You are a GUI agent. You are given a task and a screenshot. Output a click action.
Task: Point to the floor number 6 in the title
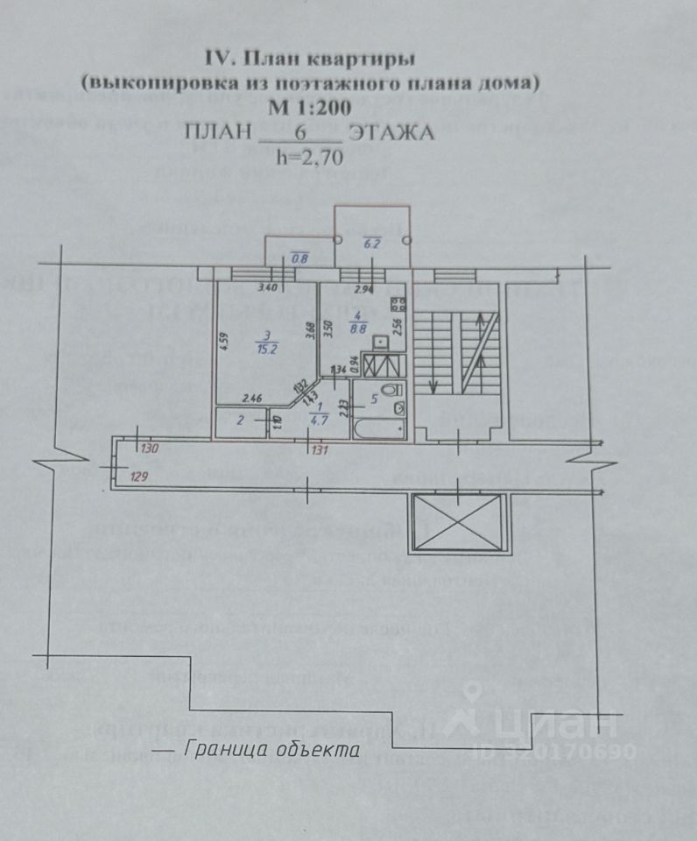pos(299,133)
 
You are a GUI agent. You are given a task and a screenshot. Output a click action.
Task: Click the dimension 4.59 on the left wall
pos(225,340)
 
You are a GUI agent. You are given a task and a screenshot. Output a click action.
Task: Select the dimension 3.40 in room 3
pos(243,288)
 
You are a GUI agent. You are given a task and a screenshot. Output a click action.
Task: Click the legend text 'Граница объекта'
pos(271,750)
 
